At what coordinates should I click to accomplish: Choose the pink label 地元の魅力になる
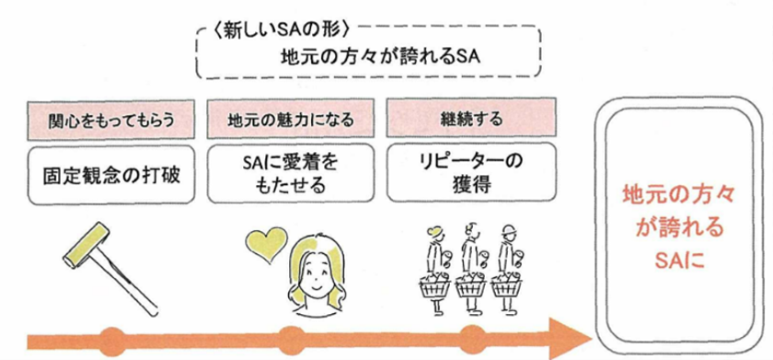tap(291, 120)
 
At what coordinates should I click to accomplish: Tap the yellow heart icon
tap(263, 243)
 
